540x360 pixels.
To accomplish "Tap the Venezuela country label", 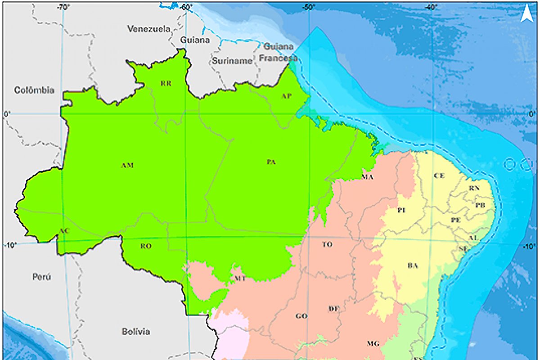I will point(149,29).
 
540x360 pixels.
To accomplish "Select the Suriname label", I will point(232,61).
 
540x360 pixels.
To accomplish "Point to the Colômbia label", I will point(34,90).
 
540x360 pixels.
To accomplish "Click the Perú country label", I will point(41,277).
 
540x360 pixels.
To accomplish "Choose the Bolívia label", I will point(135,332).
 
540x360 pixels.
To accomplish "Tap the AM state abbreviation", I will point(127,166).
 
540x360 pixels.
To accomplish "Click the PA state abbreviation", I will point(271,162).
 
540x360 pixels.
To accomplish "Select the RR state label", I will point(166,83).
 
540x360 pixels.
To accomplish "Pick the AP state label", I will point(286,96).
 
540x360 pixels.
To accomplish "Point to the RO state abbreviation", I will point(145,246).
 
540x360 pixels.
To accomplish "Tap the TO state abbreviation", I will point(327,245).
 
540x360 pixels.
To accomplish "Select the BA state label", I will point(413,265).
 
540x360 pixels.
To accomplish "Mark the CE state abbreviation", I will point(439,175).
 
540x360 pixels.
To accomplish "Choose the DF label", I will point(333,308).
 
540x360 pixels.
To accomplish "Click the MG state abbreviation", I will point(373,343).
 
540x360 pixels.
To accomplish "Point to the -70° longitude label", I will point(63,7).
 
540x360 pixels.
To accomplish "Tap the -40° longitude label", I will point(431,7).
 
